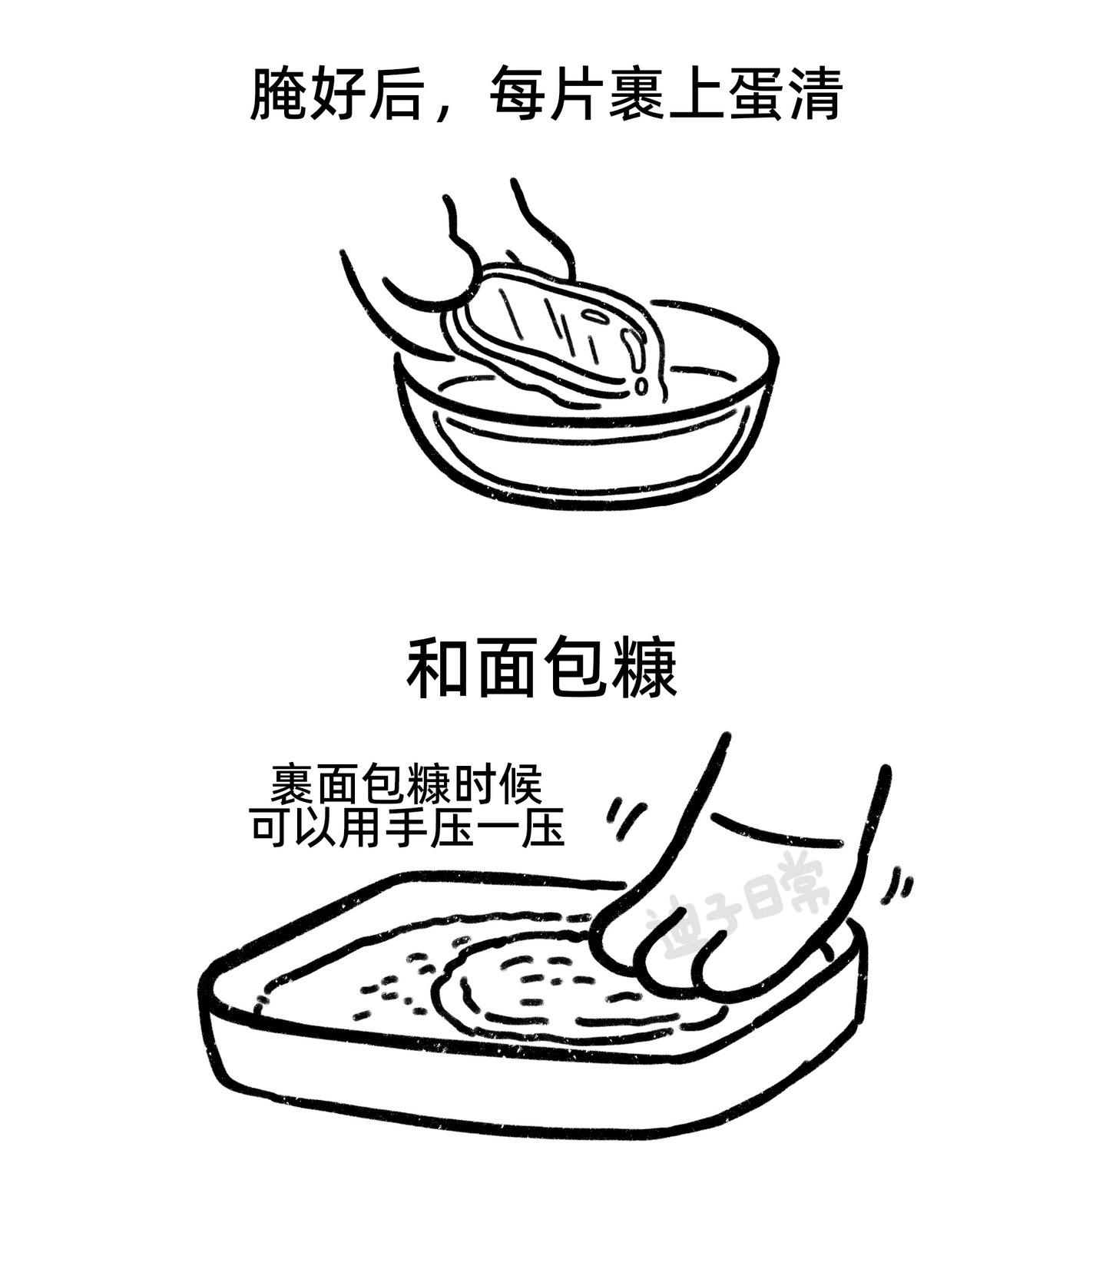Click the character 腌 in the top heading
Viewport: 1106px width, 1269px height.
[278, 94]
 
